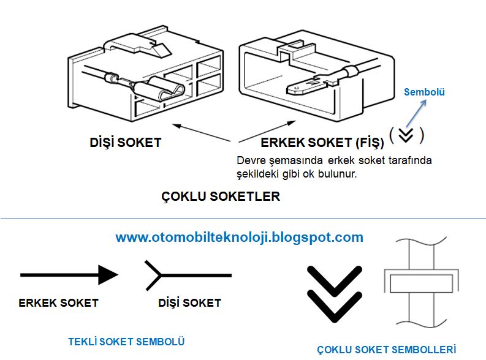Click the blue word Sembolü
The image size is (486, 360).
coord(424,92)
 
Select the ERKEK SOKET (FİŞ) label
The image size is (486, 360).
coord(322,143)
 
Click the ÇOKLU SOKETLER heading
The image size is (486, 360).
coord(221,197)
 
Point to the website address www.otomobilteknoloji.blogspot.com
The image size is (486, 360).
coord(239,237)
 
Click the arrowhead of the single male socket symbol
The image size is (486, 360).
coord(107,275)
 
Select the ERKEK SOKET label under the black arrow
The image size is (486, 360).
coord(59,302)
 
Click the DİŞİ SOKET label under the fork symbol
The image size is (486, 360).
coord(189,302)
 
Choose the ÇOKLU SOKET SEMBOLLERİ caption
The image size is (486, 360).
coord(387,350)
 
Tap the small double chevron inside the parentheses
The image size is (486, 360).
coord(406,135)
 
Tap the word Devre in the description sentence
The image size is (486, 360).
coord(249,160)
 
